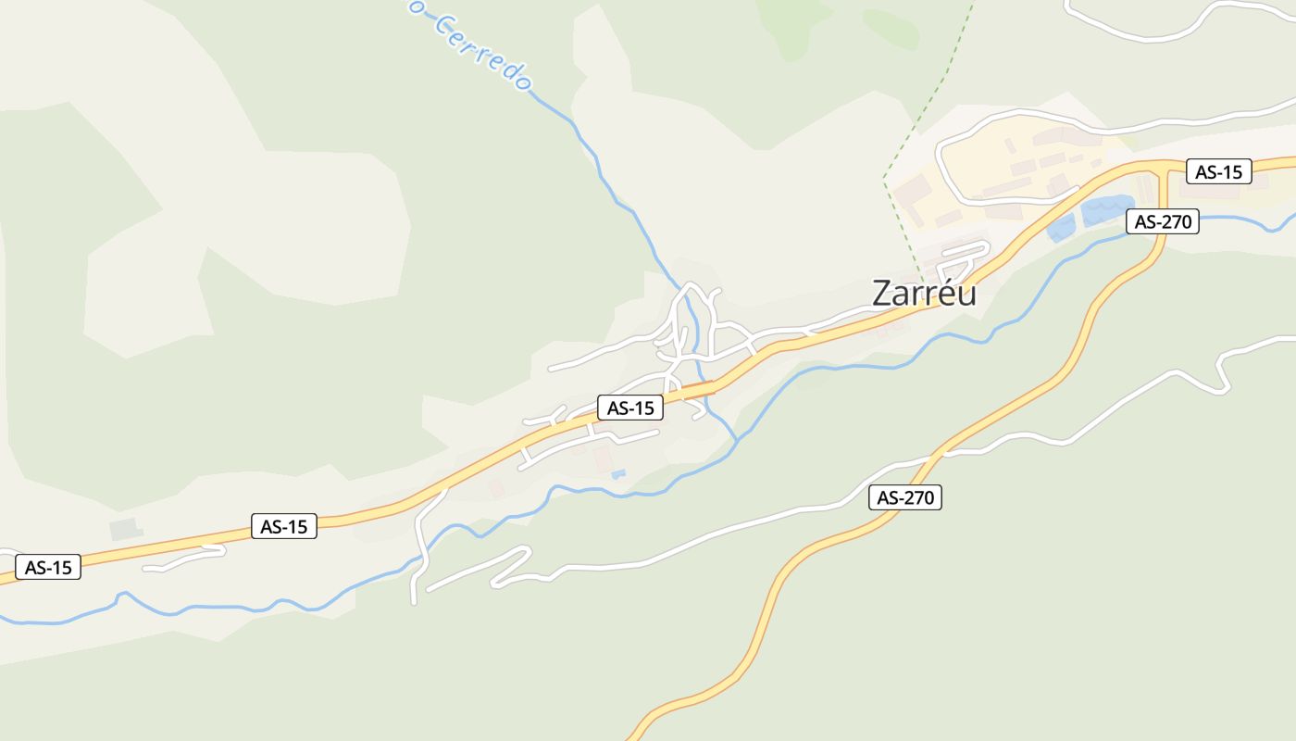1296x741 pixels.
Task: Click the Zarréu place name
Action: tap(924, 293)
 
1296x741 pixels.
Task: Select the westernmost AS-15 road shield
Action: tap(48, 567)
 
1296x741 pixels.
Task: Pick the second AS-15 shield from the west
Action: tap(283, 526)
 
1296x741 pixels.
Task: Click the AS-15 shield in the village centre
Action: tap(630, 408)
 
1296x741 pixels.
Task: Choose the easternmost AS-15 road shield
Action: tap(1218, 171)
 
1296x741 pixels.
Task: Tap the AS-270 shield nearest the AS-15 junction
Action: tap(1163, 221)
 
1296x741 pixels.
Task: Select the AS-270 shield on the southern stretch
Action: tap(906, 497)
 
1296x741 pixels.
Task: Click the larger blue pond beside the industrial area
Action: tap(1107, 210)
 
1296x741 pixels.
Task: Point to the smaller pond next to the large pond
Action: tap(1061, 228)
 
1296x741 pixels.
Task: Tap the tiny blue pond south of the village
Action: tap(618, 474)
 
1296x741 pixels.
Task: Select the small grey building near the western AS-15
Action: tap(124, 530)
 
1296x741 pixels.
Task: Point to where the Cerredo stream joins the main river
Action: tap(737, 442)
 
